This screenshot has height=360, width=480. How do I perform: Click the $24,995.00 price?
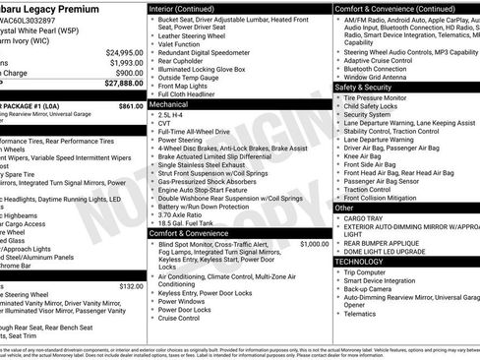[x=123, y=52]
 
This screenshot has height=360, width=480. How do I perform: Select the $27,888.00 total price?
[x=123, y=85]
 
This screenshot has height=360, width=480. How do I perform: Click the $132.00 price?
[x=130, y=286]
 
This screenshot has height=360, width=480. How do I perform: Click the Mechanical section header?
[x=169, y=103]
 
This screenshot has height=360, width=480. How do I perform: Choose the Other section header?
[x=344, y=208]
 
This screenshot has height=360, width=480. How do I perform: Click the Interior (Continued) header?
[x=190, y=8]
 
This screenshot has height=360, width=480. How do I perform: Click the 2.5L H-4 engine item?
[x=172, y=113]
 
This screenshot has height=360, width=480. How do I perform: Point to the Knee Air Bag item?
[x=364, y=154]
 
